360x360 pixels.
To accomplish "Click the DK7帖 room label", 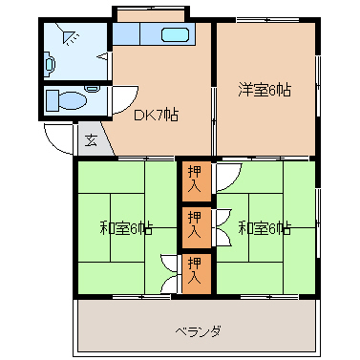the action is (x=156, y=115).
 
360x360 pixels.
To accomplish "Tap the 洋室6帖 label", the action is (x=265, y=90).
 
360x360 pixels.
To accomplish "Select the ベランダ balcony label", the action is (x=198, y=331).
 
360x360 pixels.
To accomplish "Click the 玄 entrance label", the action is (x=91, y=139).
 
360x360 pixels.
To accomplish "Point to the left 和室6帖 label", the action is (x=126, y=228).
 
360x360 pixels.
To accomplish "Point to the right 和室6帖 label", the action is (x=265, y=228).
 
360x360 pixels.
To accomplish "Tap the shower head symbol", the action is (x=70, y=36).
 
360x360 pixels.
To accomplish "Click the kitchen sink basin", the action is (x=176, y=34).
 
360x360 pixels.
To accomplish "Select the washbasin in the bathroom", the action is (x=50, y=65).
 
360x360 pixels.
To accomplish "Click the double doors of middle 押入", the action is (x=223, y=227).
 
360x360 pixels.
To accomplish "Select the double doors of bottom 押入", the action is (x=171, y=273).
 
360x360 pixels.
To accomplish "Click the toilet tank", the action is (x=53, y=100).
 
